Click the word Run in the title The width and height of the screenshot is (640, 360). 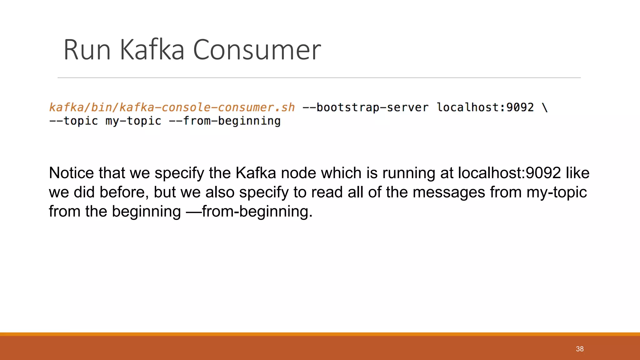(x=87, y=50)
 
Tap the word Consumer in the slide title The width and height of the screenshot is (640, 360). (x=257, y=50)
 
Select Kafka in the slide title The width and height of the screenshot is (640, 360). (x=152, y=50)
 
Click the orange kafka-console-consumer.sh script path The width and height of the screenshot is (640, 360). (x=172, y=107)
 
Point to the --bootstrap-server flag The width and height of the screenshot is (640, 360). (x=365, y=107)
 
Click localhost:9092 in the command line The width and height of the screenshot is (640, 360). (x=485, y=107)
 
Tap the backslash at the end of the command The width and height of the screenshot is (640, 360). (x=545, y=107)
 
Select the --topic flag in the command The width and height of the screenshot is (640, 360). (x=74, y=121)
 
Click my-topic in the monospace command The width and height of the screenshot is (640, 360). (x=133, y=121)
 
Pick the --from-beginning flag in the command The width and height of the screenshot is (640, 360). (x=225, y=121)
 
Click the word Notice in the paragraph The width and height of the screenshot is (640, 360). (x=71, y=173)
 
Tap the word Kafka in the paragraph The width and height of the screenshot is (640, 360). (x=256, y=173)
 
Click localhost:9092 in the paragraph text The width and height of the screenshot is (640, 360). (x=509, y=173)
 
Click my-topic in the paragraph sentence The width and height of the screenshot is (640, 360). (x=557, y=192)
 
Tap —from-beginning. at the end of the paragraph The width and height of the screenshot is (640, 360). (x=249, y=212)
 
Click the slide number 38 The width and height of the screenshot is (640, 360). (x=580, y=349)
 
